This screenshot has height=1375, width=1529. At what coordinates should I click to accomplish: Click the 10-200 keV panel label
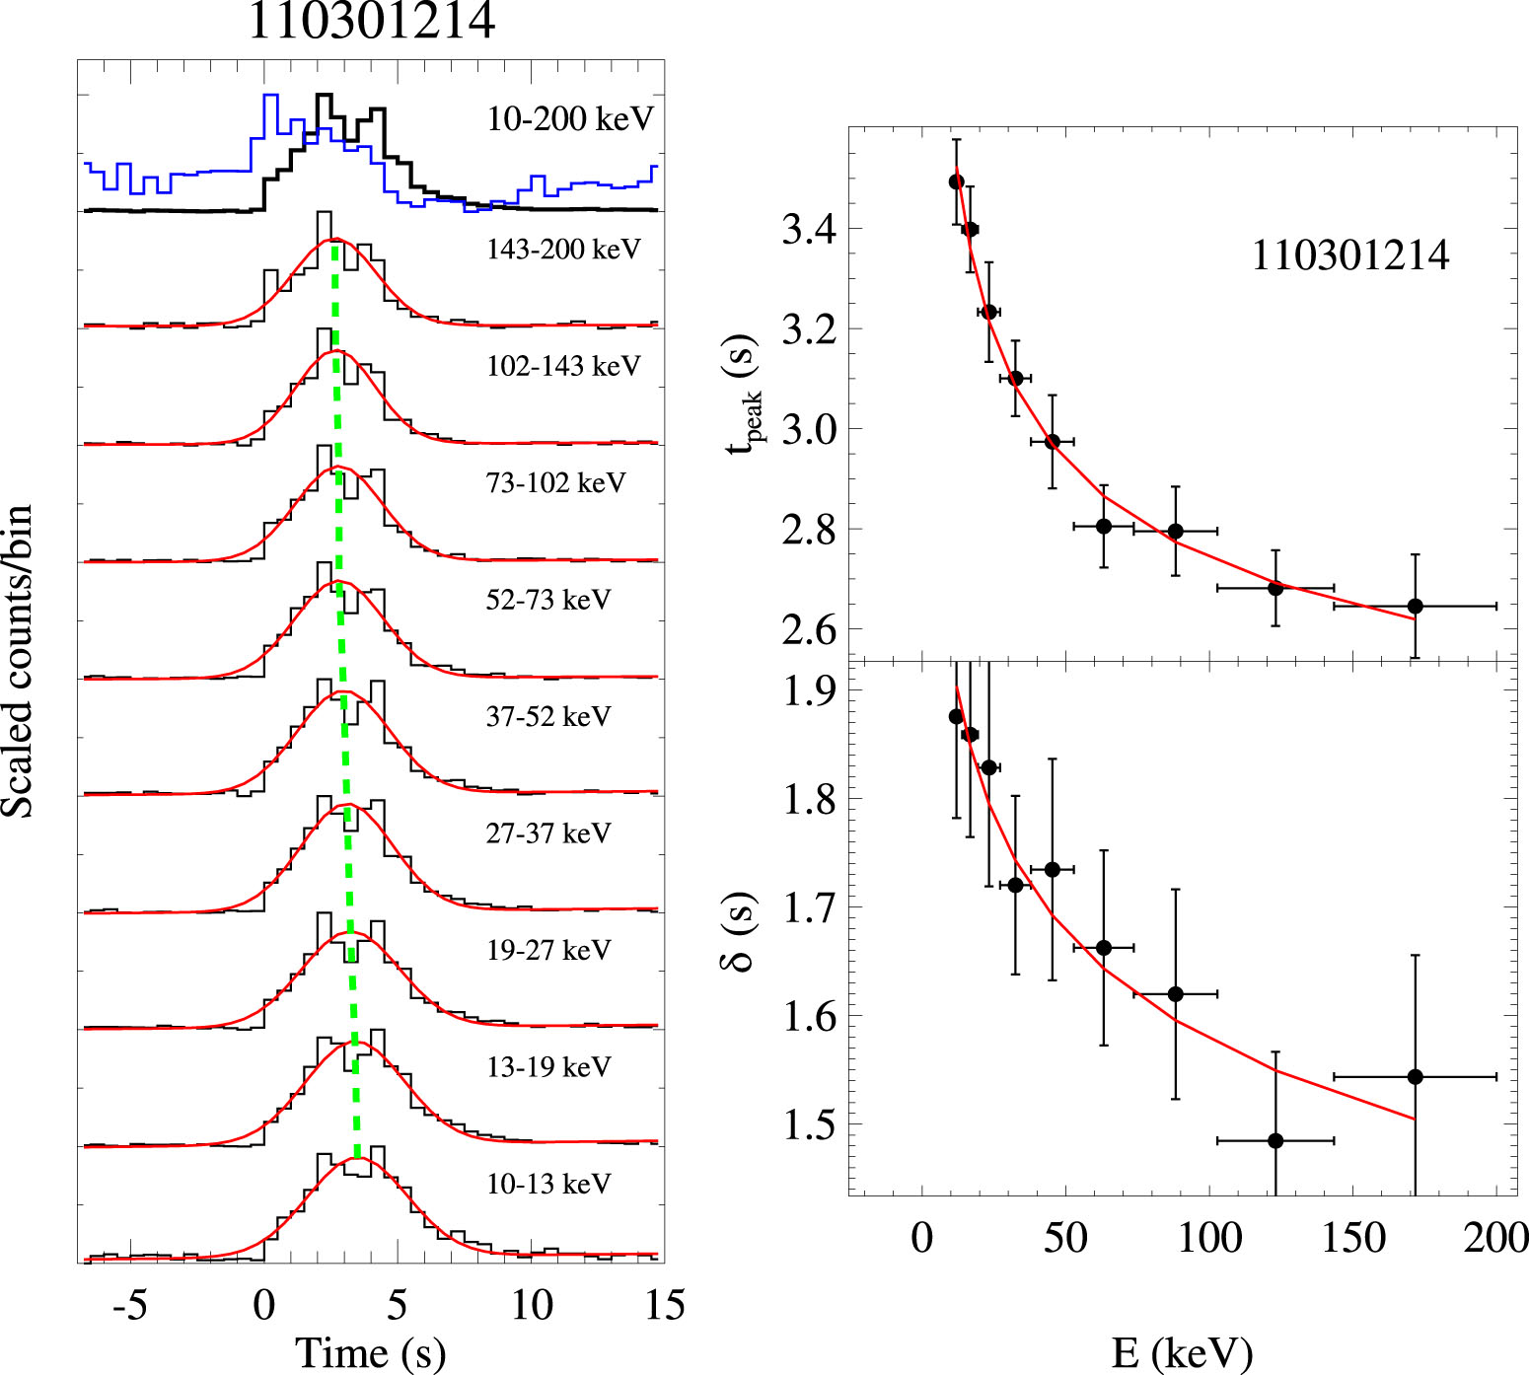[570, 119]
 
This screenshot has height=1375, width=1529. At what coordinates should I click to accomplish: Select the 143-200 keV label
[563, 250]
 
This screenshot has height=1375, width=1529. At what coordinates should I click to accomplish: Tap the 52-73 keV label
[548, 600]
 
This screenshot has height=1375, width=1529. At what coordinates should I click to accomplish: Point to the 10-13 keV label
[548, 1184]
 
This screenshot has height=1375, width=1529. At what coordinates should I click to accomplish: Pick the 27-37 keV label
[548, 833]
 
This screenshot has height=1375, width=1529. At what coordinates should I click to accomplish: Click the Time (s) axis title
[371, 1353]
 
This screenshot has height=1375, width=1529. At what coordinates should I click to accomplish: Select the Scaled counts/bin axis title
[18, 661]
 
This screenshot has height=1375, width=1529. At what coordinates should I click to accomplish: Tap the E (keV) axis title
[1182, 1353]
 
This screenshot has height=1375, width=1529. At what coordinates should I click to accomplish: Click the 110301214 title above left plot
[371, 22]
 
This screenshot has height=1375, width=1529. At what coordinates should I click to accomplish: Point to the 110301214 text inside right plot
[1350, 256]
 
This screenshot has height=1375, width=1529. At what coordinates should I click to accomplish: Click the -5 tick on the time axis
[129, 1306]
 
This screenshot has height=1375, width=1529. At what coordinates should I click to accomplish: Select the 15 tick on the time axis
[665, 1306]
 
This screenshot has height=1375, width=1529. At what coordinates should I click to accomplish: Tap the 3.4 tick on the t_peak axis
[809, 230]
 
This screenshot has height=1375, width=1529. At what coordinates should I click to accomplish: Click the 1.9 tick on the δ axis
[809, 691]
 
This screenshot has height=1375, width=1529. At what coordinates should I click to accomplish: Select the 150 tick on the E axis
[1353, 1238]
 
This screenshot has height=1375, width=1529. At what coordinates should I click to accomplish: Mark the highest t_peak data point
[956, 181]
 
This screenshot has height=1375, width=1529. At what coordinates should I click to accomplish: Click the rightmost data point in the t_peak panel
[1415, 606]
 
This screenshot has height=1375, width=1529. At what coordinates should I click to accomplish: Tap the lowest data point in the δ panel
[1275, 1141]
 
